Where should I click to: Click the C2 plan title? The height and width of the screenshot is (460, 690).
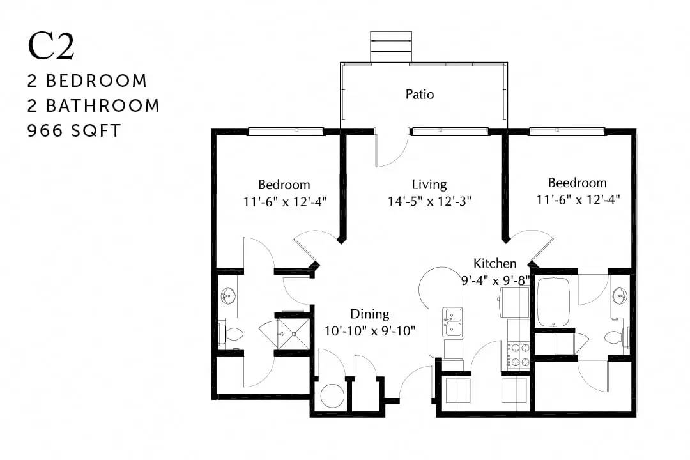click(50, 46)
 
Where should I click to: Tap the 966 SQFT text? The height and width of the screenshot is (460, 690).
click(74, 131)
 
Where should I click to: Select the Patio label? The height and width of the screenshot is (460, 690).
click(419, 94)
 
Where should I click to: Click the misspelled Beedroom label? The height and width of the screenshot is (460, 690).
click(577, 182)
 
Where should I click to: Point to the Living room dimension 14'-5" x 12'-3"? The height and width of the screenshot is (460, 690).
click(429, 201)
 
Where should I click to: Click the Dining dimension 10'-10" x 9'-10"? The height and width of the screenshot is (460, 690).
click(370, 330)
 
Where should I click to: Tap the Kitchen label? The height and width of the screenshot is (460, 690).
click(494, 263)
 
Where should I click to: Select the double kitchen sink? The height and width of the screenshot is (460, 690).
click(452, 322)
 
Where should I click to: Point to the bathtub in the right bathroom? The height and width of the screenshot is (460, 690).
click(553, 302)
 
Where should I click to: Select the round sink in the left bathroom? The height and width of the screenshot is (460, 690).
click(228, 296)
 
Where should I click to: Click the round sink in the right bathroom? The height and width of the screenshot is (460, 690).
click(620, 296)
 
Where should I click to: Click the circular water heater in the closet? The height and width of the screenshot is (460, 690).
click(332, 395)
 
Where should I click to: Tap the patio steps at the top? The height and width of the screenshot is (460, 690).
click(391, 47)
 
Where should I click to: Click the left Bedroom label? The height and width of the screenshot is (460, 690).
click(284, 184)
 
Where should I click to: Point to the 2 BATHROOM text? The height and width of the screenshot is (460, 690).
click(93, 105)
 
